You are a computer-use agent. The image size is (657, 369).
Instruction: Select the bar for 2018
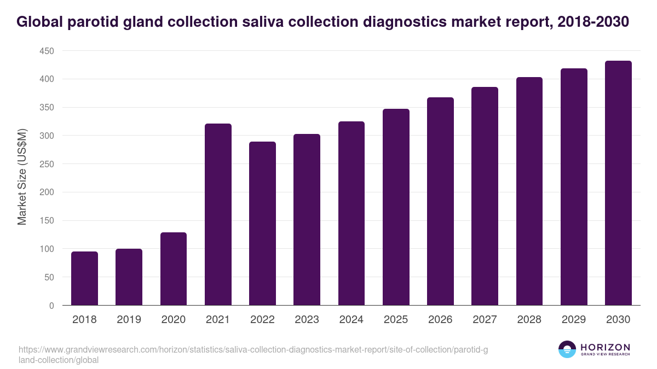[84, 278]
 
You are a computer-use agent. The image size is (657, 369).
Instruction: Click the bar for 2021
[218, 214]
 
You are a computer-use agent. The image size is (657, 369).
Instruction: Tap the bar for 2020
[174, 269]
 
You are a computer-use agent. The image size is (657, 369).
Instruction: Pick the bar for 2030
[618, 183]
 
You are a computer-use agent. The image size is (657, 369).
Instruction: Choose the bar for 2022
[262, 223]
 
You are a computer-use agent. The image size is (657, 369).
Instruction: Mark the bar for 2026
[440, 201]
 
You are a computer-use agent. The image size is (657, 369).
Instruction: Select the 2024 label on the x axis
[351, 320]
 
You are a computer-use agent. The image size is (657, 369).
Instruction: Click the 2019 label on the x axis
[129, 320]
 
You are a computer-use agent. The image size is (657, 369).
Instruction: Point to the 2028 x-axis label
[529, 320]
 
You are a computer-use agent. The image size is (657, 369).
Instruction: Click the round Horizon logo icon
[567, 349]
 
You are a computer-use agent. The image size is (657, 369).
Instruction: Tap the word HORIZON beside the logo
[605, 347]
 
